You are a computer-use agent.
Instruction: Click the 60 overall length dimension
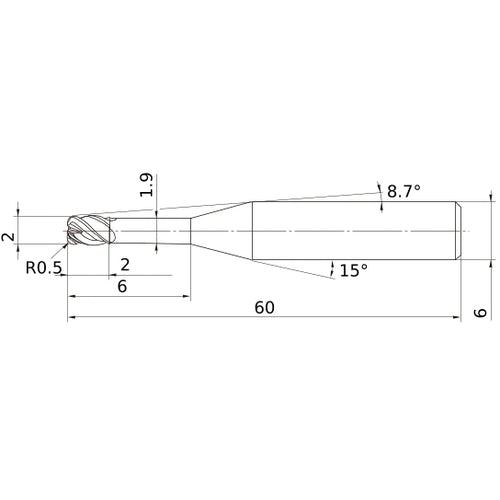(264, 307)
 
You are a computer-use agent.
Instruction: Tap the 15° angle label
(353, 270)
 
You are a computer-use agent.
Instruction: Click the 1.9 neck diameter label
(148, 185)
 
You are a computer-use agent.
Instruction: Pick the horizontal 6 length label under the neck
(122, 286)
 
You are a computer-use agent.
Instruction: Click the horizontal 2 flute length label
(124, 264)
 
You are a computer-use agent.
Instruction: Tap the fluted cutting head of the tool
(88, 232)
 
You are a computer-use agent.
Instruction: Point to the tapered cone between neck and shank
(220, 232)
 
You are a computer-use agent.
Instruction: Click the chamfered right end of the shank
(458, 232)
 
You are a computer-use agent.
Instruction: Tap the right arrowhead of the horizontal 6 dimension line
(187, 297)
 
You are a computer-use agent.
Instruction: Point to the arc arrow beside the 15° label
(331, 266)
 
